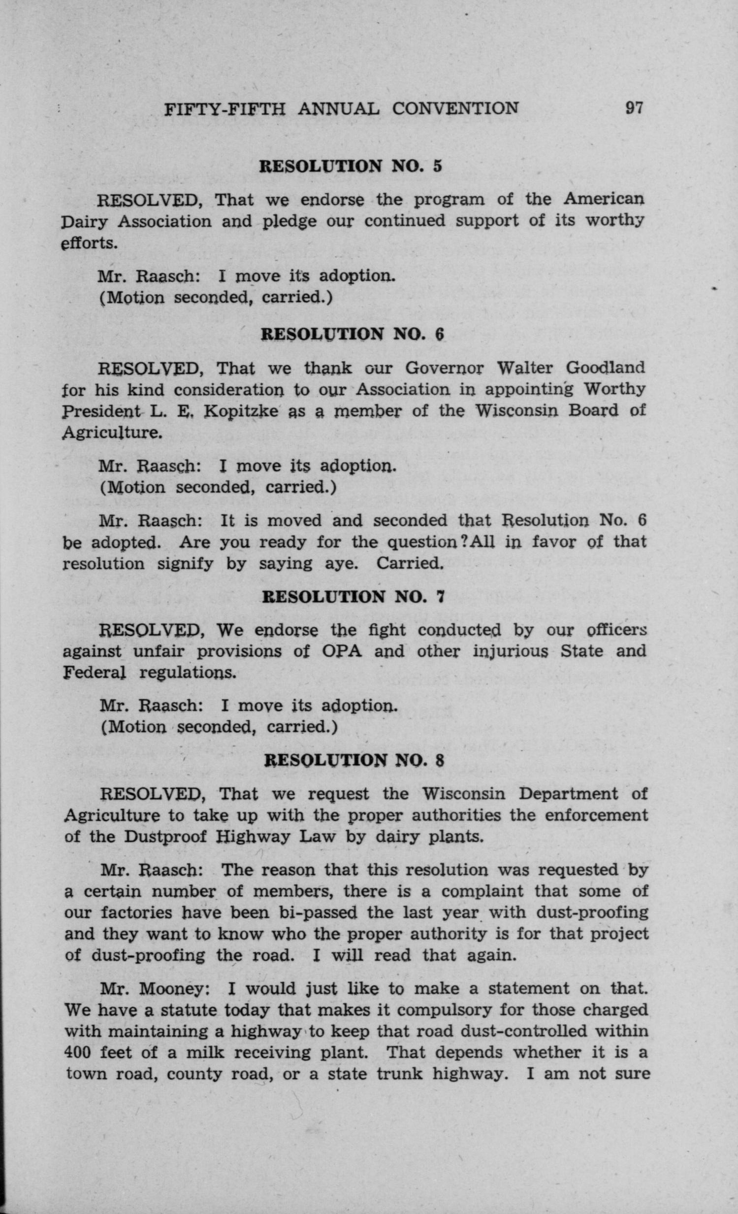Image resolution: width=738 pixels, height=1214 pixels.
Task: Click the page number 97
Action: pos(634,107)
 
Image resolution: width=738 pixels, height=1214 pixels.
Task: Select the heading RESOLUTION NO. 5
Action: pos(351,166)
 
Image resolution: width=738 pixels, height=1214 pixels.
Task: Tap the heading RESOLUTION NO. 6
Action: pos(352,335)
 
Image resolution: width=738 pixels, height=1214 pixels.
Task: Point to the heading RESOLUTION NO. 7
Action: pos(353,597)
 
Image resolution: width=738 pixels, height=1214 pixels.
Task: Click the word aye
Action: pos(341,563)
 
